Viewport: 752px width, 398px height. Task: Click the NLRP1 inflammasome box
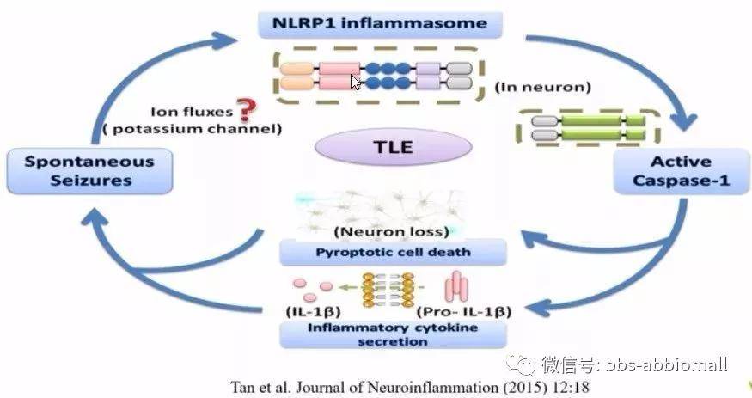pyautogui.click(x=380, y=24)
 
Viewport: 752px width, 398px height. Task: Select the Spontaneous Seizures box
pyautogui.click(x=89, y=171)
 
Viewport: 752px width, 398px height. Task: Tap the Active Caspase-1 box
pyautogui.click(x=681, y=171)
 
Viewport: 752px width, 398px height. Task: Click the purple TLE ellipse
pyautogui.click(x=394, y=147)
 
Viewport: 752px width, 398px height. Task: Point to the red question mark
pyautogui.click(x=246, y=110)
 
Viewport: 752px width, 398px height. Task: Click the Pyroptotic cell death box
pyautogui.click(x=393, y=252)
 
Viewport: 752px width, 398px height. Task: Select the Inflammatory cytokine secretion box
pyautogui.click(x=393, y=334)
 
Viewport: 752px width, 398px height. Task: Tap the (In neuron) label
pyautogui.click(x=542, y=87)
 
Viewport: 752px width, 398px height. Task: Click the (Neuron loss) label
pyautogui.click(x=392, y=232)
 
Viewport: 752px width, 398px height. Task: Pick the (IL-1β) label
pyautogui.click(x=313, y=312)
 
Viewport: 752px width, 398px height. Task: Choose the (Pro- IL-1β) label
pyautogui.click(x=464, y=312)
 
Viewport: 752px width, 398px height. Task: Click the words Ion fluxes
pyautogui.click(x=192, y=112)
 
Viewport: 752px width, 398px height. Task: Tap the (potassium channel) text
pyautogui.click(x=193, y=129)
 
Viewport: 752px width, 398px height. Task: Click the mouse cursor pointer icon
pyautogui.click(x=355, y=83)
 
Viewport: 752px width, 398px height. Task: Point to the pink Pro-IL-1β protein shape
pyautogui.click(x=456, y=286)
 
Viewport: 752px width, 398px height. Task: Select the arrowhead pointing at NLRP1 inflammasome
pyautogui.click(x=223, y=40)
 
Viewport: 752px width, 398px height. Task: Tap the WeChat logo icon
pyautogui.click(x=520, y=364)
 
